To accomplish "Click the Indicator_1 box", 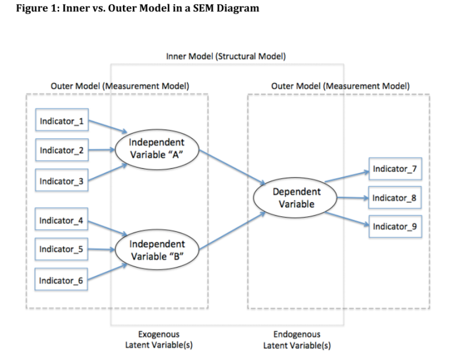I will coord(61,122).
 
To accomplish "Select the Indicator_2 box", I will coord(61,151).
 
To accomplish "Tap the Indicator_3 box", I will coord(61,181).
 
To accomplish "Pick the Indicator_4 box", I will coord(61,221).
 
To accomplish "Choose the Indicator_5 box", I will coord(61,250).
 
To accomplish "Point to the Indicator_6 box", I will coord(61,281).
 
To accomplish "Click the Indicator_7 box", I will coord(394,169).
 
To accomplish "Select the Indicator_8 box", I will coord(394,198).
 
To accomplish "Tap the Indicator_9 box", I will coord(394,226).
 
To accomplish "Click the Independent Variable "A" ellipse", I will coord(156,148).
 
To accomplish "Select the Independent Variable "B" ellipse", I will coord(156,250).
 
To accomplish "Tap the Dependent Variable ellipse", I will coord(296,198).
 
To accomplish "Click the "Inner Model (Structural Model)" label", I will coord(226,57).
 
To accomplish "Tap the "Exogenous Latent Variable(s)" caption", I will coord(159,340).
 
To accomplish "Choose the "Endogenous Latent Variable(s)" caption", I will coord(297,340).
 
